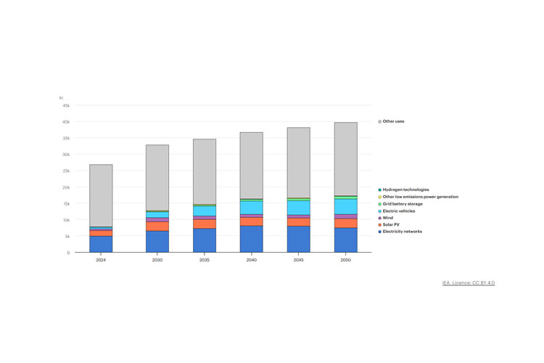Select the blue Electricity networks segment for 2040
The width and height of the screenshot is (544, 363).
[251, 239]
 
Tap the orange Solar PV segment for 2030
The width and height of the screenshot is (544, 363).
[157, 227]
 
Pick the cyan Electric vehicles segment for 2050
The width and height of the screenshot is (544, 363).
[345, 206]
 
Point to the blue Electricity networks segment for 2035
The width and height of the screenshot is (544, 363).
[204, 240]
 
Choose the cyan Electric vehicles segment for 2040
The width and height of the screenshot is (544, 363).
[251, 208]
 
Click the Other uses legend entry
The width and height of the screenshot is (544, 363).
[393, 121]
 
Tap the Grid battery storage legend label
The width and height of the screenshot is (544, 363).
[403, 204]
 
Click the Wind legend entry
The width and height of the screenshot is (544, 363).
[387, 218]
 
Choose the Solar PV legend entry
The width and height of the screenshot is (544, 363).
[391, 225]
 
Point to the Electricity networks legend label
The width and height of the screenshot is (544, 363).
[402, 232]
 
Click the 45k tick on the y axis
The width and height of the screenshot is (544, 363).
[65, 105]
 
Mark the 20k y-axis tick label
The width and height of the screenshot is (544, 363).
[65, 187]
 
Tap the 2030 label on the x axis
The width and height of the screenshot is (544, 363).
[157, 260]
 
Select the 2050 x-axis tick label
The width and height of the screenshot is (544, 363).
[345, 260]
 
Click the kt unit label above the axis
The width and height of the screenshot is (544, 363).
[62, 97]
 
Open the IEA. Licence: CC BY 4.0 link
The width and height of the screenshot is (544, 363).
[468, 282]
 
